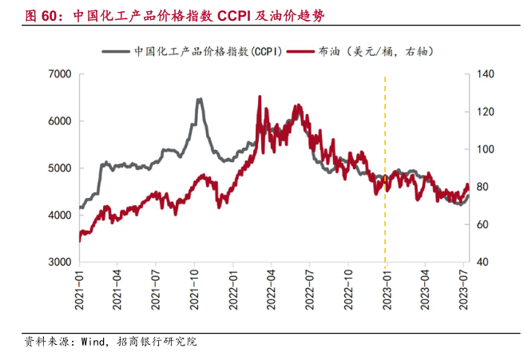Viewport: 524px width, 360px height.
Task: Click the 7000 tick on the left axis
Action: [61, 74]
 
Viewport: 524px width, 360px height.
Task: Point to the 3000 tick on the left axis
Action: [61, 262]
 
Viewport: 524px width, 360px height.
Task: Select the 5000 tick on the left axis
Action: [61, 168]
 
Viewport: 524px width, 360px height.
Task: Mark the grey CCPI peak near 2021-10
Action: [199, 100]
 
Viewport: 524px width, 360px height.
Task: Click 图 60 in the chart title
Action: [43, 15]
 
